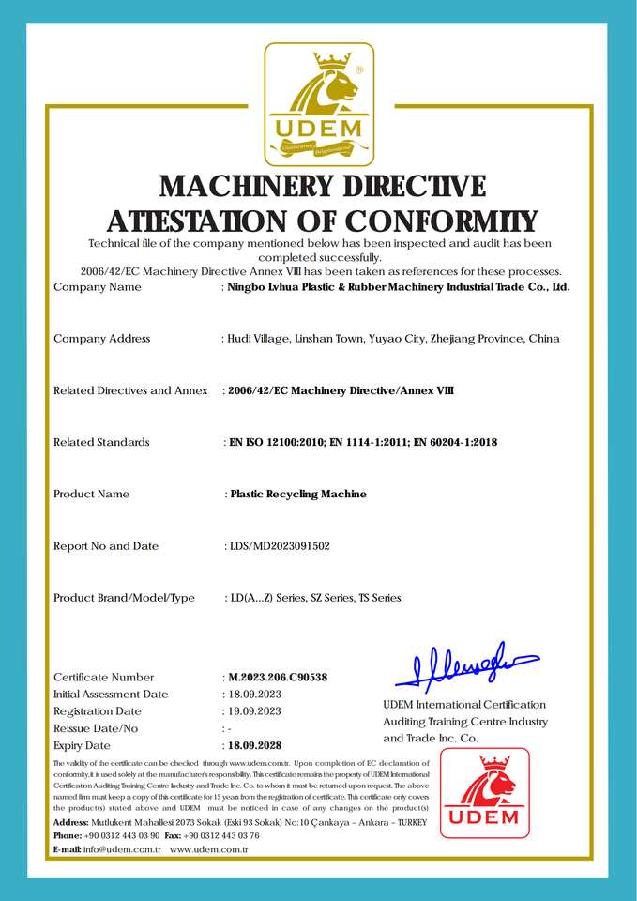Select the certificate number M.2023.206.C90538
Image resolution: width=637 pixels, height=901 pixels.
(x=279, y=677)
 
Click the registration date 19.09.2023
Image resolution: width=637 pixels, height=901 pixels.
(x=254, y=711)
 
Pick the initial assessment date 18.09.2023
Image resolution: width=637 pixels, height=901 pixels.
(x=254, y=694)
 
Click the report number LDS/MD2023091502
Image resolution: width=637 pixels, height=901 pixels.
(x=280, y=545)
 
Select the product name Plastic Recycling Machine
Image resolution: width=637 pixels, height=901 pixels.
(x=298, y=494)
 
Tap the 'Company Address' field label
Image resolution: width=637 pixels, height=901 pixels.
(x=101, y=339)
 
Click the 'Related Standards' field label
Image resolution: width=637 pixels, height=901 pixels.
(x=101, y=442)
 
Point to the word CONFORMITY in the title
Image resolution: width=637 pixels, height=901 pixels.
(x=442, y=221)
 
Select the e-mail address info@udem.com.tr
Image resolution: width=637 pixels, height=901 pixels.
(x=122, y=849)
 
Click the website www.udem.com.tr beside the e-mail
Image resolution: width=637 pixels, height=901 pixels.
(x=208, y=849)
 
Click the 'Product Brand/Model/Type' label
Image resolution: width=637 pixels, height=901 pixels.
(x=124, y=597)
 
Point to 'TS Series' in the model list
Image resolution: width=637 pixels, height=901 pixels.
(x=379, y=597)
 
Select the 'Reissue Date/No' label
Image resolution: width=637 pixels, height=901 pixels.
(x=96, y=728)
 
